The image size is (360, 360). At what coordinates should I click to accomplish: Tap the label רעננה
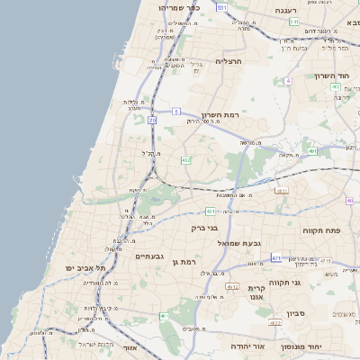pyautogui.click(x=287, y=11)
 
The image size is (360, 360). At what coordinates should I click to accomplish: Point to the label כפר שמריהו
pyautogui.click(x=166, y=7)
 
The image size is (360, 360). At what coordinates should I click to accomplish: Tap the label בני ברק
pyautogui.click(x=204, y=228)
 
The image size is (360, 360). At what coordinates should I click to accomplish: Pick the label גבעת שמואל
pyautogui.click(x=238, y=243)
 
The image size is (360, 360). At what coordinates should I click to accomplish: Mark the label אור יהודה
pyautogui.click(x=247, y=346)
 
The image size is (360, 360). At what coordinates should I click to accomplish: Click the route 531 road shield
pyautogui.click(x=221, y=5)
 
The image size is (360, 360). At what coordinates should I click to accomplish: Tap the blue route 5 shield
pyautogui.click(x=176, y=112)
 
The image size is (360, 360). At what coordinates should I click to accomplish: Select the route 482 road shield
pyautogui.click(x=185, y=160)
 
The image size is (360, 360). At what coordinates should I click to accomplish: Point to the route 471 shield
pyautogui.click(x=275, y=258)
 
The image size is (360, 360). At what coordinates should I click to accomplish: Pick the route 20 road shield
pyautogui.click(x=152, y=119)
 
